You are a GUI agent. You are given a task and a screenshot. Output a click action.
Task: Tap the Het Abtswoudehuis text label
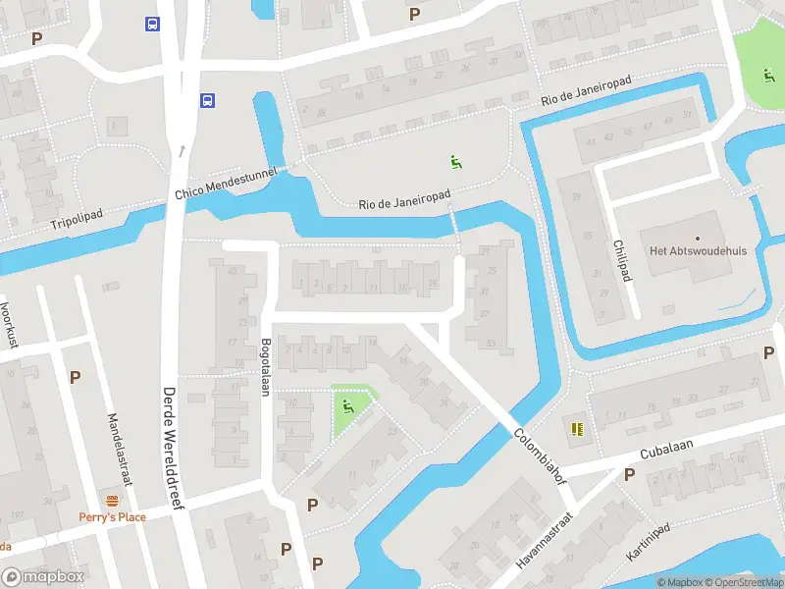[x=698, y=251]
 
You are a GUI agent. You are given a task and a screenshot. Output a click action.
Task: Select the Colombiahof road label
[x=540, y=453]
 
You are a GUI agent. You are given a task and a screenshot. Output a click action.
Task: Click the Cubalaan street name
[x=666, y=451]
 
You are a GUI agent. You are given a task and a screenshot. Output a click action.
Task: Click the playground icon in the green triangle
[x=348, y=405]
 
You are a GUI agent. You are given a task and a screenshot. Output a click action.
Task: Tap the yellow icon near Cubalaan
[x=577, y=428]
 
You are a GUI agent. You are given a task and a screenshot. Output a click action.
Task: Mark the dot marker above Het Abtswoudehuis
[x=698, y=238]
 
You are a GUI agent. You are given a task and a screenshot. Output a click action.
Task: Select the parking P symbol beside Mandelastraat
[x=75, y=377]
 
